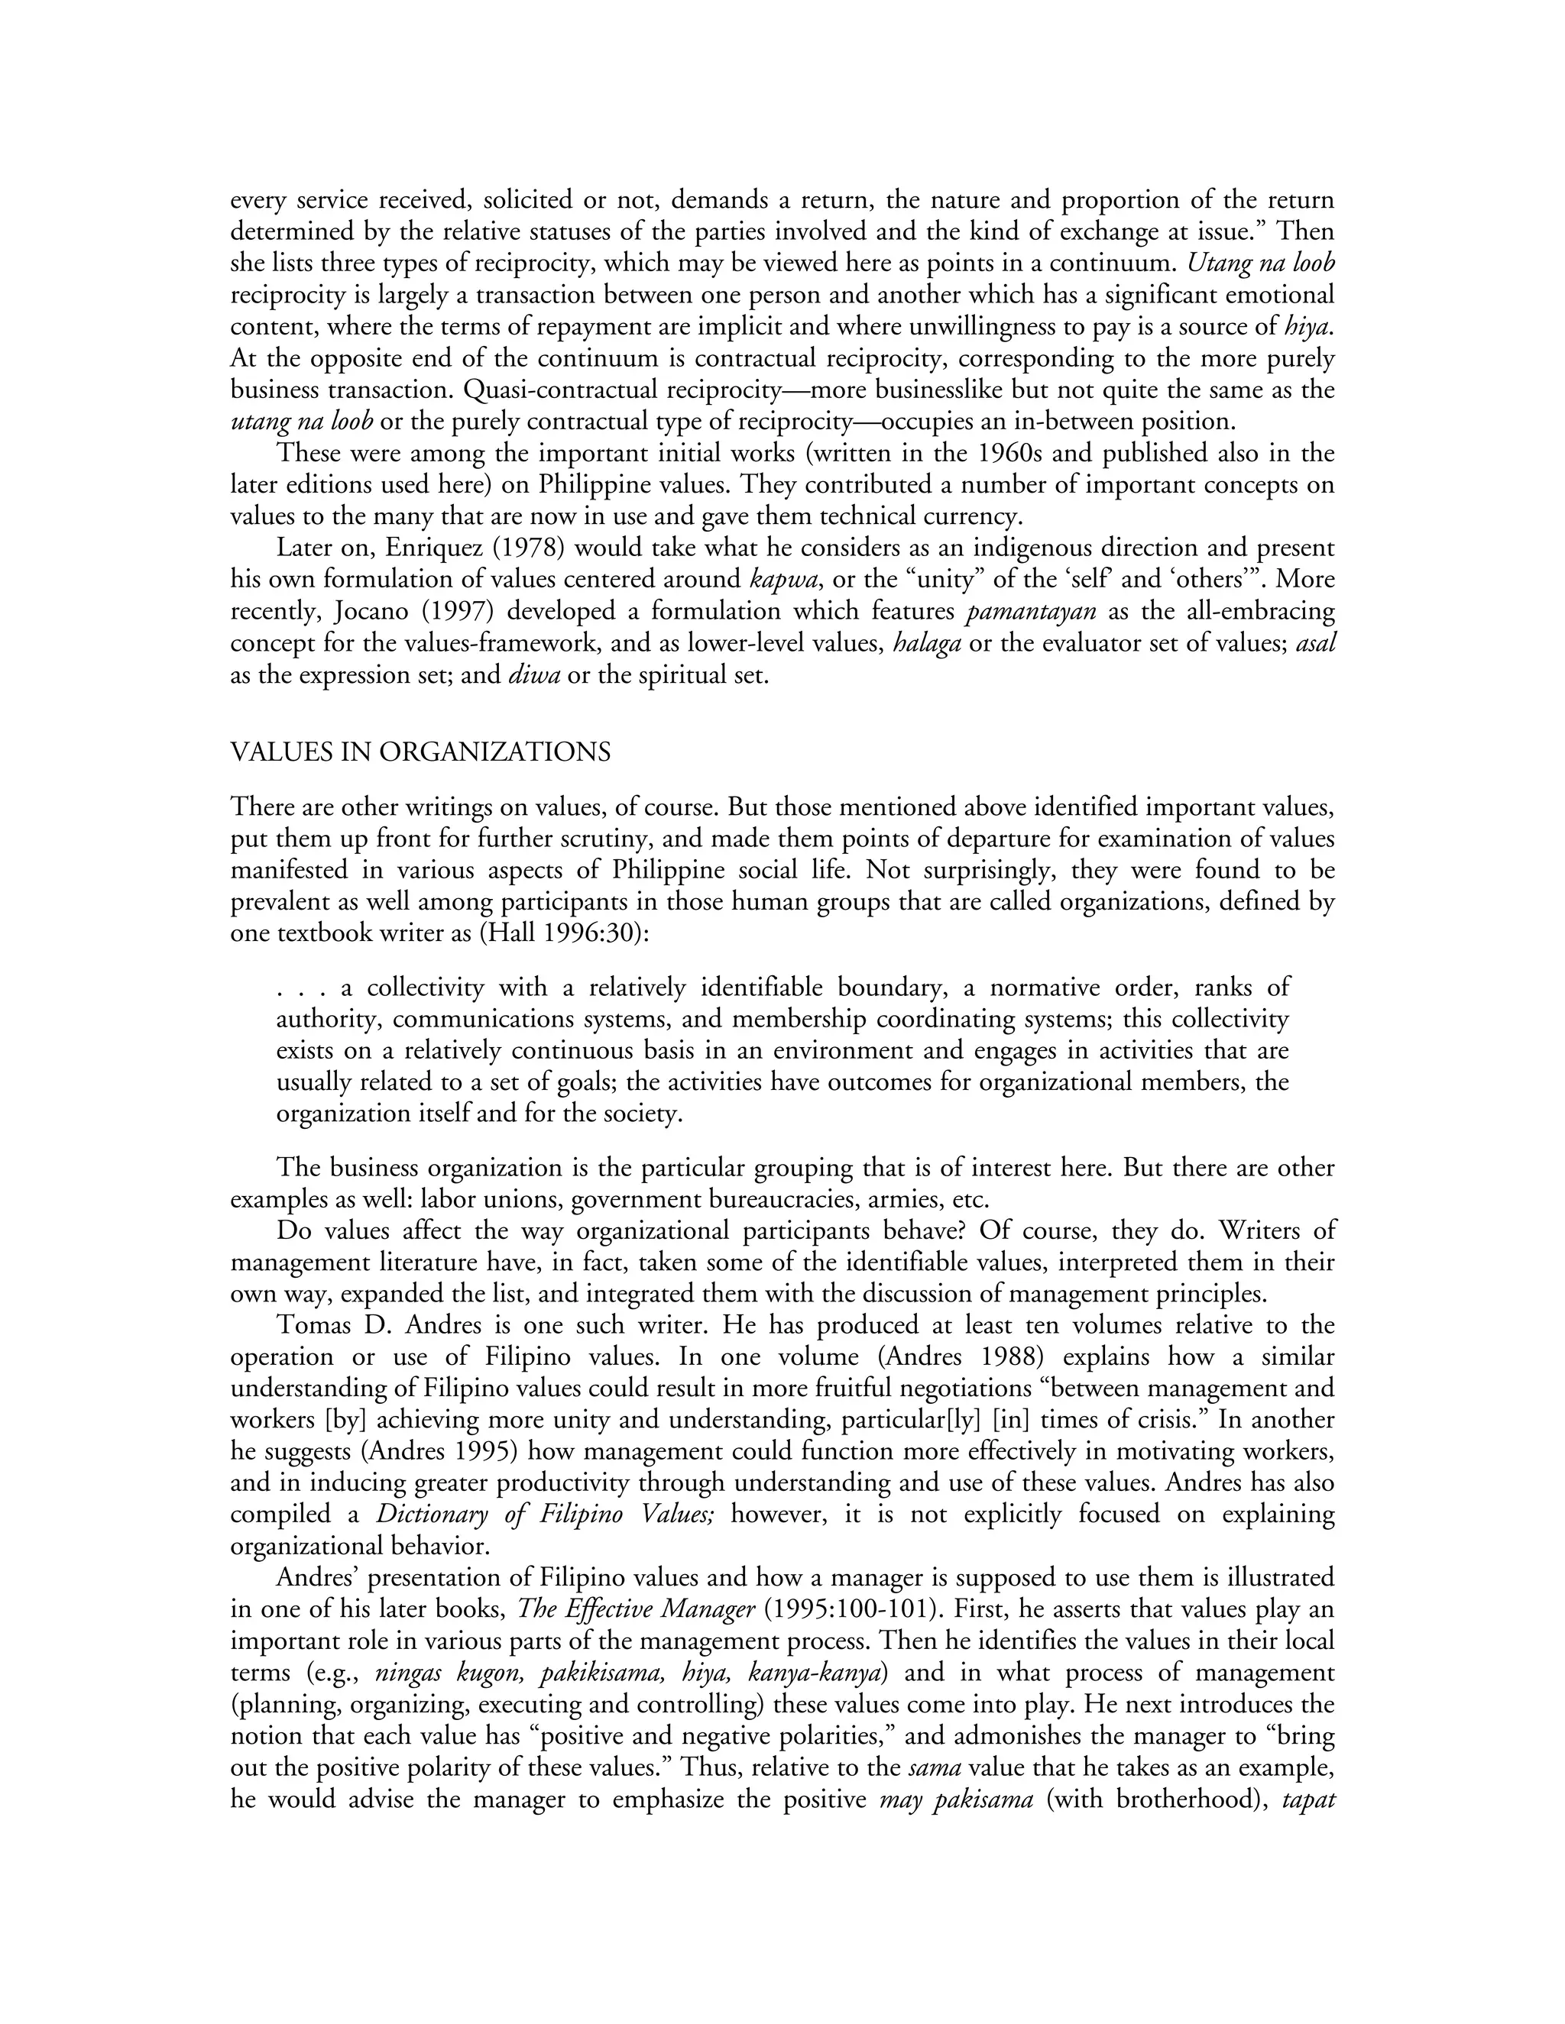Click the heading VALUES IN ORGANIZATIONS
tap(420, 752)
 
